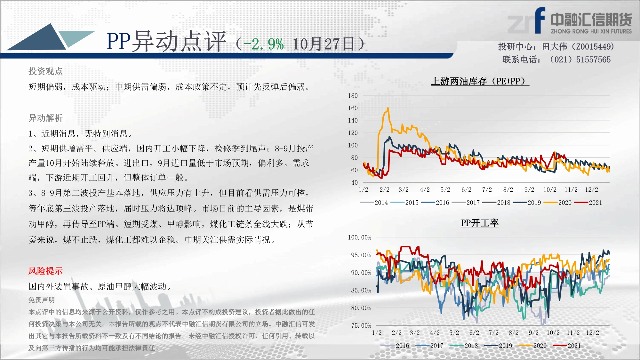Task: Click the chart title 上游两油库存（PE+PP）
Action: tap(480, 81)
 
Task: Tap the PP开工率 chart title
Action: tap(480, 223)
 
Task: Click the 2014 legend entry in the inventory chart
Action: tap(374, 203)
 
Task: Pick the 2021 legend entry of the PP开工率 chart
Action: tap(567, 346)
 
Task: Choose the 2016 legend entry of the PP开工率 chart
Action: tap(395, 346)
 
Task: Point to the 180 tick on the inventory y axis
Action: tap(353, 95)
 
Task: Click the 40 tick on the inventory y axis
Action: tap(354, 182)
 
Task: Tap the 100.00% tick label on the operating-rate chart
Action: tap(360, 237)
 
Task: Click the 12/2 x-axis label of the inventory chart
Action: tap(591, 189)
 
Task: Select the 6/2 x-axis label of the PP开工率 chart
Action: tap(474, 332)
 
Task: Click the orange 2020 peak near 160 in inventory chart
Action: tap(388, 108)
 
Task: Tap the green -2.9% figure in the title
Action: tap(263, 44)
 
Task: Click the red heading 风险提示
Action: tap(45, 271)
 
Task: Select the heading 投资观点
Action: tap(45, 71)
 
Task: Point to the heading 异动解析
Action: tap(45, 118)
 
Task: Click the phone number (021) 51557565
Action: tap(580, 60)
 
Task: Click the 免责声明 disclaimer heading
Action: tap(42, 300)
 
